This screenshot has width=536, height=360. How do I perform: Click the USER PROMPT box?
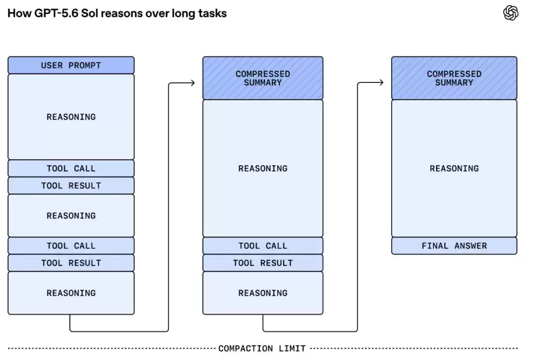pyautogui.click(x=71, y=65)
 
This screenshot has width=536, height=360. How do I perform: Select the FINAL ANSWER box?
pyautogui.click(x=454, y=245)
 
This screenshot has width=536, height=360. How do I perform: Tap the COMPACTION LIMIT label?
pyautogui.click(x=262, y=349)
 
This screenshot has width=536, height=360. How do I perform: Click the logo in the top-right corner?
pyautogui.click(x=511, y=13)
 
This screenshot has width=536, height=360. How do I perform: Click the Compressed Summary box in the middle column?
pyautogui.click(x=263, y=78)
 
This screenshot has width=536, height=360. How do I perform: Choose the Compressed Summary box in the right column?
pyautogui.click(x=454, y=78)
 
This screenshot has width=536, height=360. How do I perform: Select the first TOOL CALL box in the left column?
pyautogui.click(x=71, y=168)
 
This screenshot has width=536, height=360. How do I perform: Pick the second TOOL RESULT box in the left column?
pyautogui.click(x=71, y=263)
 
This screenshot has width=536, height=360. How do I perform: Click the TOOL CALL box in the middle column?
pyautogui.click(x=263, y=245)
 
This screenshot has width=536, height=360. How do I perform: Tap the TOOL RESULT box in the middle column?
pyautogui.click(x=263, y=263)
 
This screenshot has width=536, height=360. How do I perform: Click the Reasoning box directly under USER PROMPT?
pyautogui.click(x=71, y=117)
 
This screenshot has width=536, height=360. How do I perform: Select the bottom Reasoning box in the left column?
pyautogui.click(x=71, y=293)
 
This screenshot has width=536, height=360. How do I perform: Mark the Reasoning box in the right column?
pyautogui.click(x=454, y=168)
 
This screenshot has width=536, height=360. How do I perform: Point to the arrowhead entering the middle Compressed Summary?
pyautogui.click(x=193, y=83)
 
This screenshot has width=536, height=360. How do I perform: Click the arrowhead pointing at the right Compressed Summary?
pyautogui.click(x=382, y=82)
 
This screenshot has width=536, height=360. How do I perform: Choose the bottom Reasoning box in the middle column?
pyautogui.click(x=263, y=293)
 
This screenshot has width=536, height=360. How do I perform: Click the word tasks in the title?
pyautogui.click(x=212, y=13)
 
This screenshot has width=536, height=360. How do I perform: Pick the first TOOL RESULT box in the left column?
pyautogui.click(x=71, y=186)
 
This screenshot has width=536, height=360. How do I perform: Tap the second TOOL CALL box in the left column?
pyautogui.click(x=71, y=245)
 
